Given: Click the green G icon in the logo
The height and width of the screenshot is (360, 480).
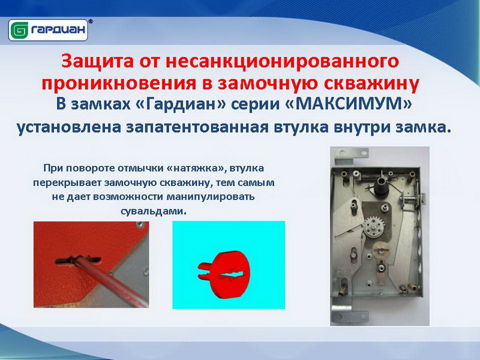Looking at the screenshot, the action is pyautogui.click(x=19, y=30).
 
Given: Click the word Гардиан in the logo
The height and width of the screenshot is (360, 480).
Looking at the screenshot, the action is pyautogui.click(x=58, y=30).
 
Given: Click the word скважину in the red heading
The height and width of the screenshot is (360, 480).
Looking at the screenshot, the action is pyautogui.click(x=371, y=83).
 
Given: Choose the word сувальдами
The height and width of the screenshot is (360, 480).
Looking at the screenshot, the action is pyautogui.click(x=154, y=211).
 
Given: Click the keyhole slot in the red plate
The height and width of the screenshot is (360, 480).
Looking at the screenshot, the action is pyautogui.click(x=78, y=260).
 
